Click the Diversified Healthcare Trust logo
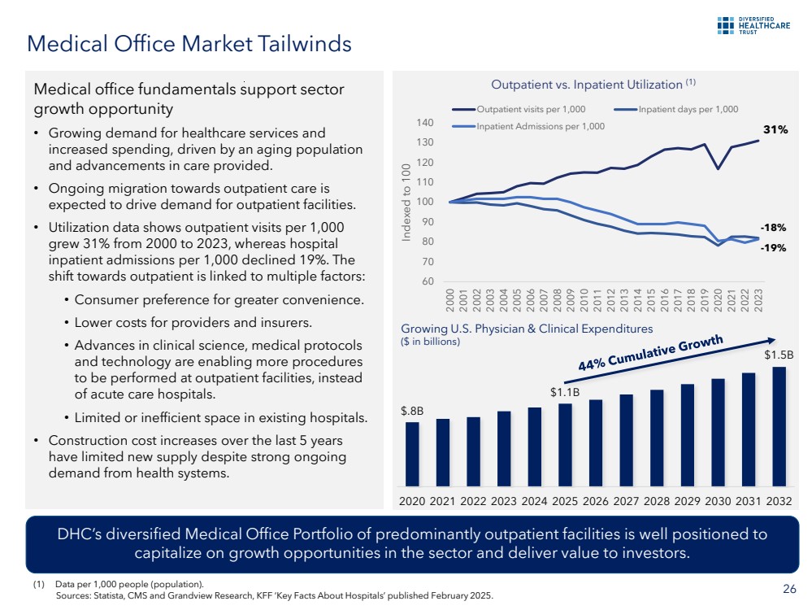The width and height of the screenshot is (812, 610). (753, 26)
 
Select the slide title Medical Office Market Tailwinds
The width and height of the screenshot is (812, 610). (189, 43)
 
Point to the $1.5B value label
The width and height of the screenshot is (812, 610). (778, 355)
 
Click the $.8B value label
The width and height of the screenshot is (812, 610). (411, 411)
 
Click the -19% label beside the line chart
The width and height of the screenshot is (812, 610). (773, 248)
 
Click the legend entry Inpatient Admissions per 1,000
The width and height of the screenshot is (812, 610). (541, 126)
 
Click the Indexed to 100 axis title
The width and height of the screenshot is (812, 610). (406, 202)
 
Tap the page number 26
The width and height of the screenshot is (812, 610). (788, 590)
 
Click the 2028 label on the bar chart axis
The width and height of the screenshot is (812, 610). (657, 501)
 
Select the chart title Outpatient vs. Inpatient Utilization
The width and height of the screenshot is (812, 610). (587, 85)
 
